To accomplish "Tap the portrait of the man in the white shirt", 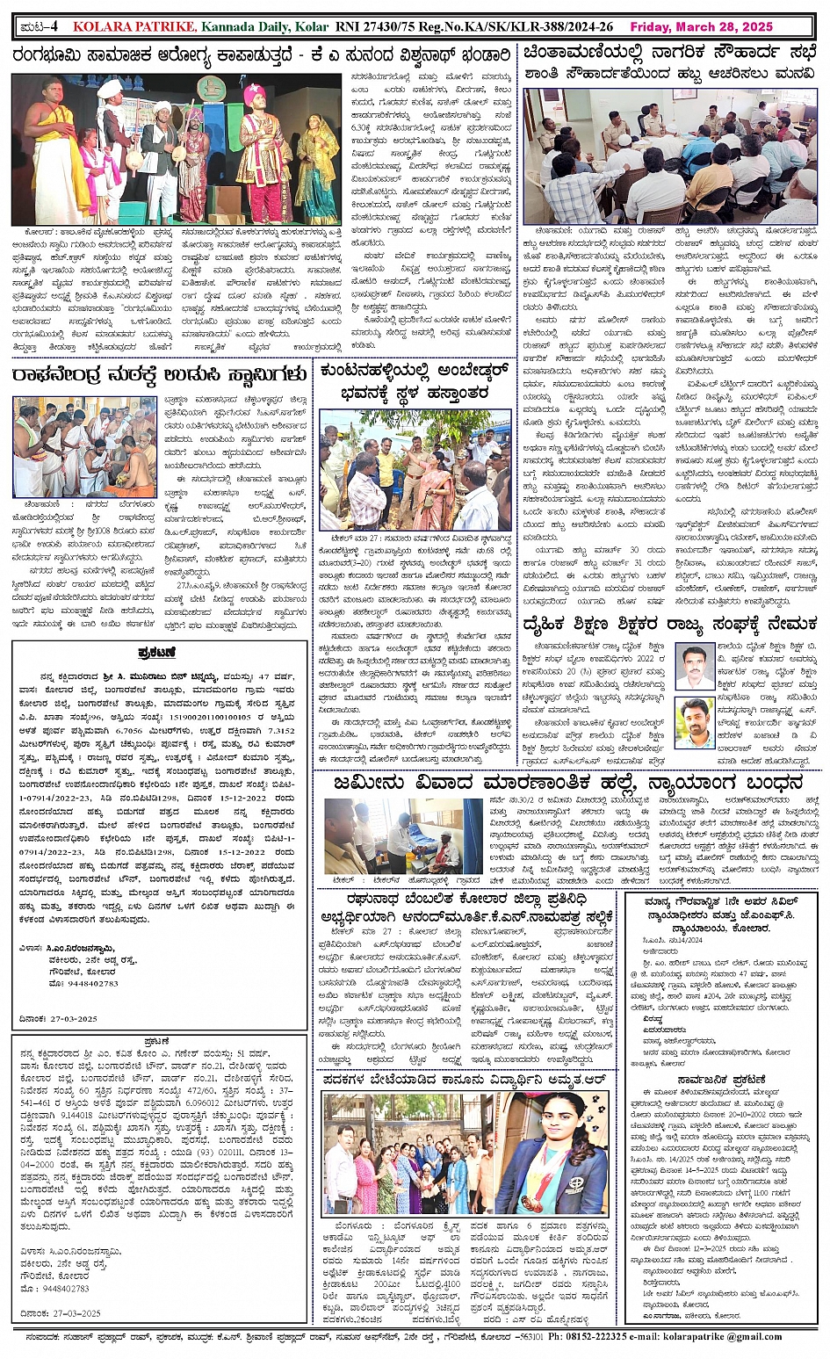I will coord(696,665).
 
